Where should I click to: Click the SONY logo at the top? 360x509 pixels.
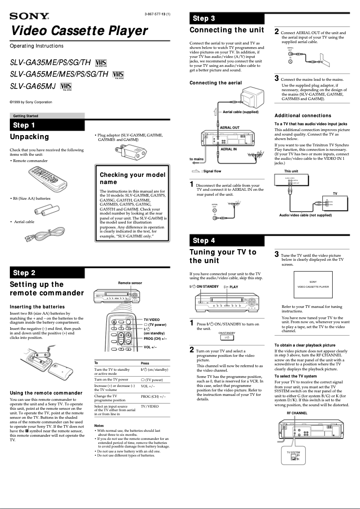pos(29,17)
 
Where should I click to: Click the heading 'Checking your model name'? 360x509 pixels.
pos(132,178)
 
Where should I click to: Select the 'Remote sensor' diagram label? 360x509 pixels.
pos(130,283)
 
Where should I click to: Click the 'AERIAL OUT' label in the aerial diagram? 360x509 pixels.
pos(229,128)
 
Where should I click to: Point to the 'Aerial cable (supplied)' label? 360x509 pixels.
pos(241,112)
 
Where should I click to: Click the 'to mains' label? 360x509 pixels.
pos(197,159)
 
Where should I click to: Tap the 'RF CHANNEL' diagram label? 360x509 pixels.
pos(297,412)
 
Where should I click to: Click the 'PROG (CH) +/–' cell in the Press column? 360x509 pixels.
pos(153,397)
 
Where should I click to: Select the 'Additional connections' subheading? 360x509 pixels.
pos(303,116)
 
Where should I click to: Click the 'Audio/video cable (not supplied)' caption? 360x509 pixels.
pos(306,215)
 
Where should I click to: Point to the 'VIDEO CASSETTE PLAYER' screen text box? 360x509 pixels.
pos(313,284)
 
